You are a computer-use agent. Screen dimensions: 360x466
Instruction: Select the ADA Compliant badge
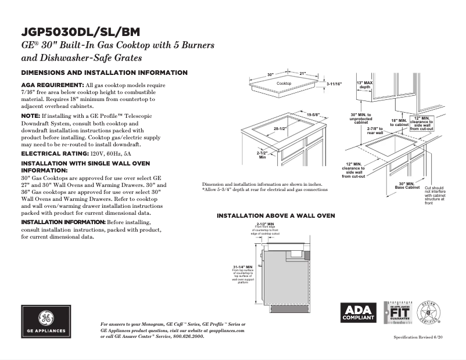pyautogui.click(x=358, y=313)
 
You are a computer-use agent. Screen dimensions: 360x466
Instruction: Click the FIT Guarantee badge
pyautogui.click(x=399, y=313)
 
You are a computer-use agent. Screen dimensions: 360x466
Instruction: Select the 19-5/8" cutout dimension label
pyautogui.click(x=314, y=114)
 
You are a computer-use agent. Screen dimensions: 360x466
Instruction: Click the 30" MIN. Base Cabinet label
pyautogui.click(x=407, y=185)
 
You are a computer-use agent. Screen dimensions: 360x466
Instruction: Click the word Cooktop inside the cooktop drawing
pyautogui.click(x=284, y=84)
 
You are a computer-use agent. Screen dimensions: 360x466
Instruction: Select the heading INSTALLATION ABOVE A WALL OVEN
pyautogui.click(x=275, y=215)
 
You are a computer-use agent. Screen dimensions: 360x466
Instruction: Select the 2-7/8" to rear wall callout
pyautogui.click(x=375, y=130)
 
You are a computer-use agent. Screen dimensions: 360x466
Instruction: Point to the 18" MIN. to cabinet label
pyautogui.click(x=400, y=122)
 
